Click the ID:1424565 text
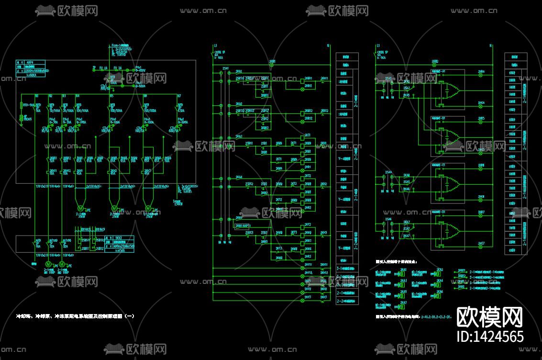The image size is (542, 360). (490, 336)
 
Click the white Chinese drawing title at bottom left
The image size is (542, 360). (76, 316)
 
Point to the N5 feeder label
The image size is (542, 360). (111, 96)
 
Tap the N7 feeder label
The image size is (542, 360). (179, 96)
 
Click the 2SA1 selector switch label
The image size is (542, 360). (225, 68)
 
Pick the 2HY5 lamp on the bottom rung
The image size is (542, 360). (302, 297)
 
